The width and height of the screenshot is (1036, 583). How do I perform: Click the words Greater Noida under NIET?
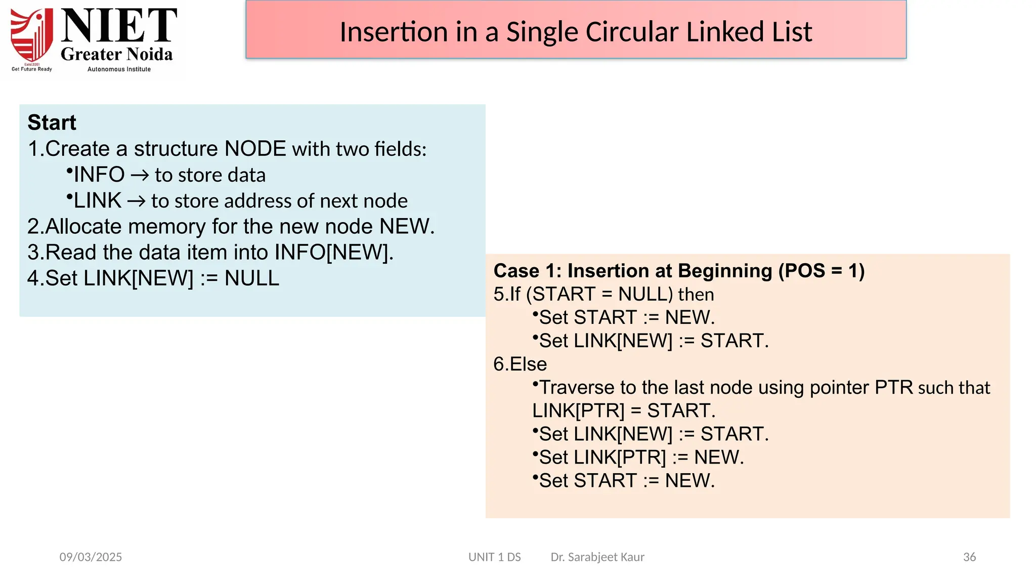click(x=117, y=54)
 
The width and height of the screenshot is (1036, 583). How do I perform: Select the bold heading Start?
click(x=52, y=122)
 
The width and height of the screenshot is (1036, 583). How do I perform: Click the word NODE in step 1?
click(x=255, y=149)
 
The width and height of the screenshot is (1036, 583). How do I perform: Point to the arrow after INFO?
click(x=140, y=175)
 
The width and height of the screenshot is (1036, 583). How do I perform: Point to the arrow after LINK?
click(x=136, y=201)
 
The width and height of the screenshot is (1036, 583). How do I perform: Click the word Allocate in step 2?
click(x=83, y=226)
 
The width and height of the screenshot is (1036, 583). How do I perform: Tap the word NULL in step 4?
click(x=251, y=278)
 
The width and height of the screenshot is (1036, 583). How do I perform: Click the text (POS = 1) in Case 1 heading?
click(x=821, y=271)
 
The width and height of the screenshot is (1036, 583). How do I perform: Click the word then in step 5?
click(x=696, y=295)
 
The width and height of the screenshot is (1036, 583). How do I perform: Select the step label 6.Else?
click(x=520, y=364)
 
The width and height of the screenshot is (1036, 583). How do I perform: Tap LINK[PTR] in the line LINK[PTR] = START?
click(x=578, y=411)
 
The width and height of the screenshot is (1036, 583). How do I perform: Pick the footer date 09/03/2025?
click(x=91, y=557)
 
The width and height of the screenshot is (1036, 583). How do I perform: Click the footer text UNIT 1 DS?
click(x=494, y=557)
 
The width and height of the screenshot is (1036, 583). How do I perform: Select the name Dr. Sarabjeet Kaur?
click(x=597, y=557)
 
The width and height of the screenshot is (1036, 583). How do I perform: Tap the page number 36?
click(x=969, y=557)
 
